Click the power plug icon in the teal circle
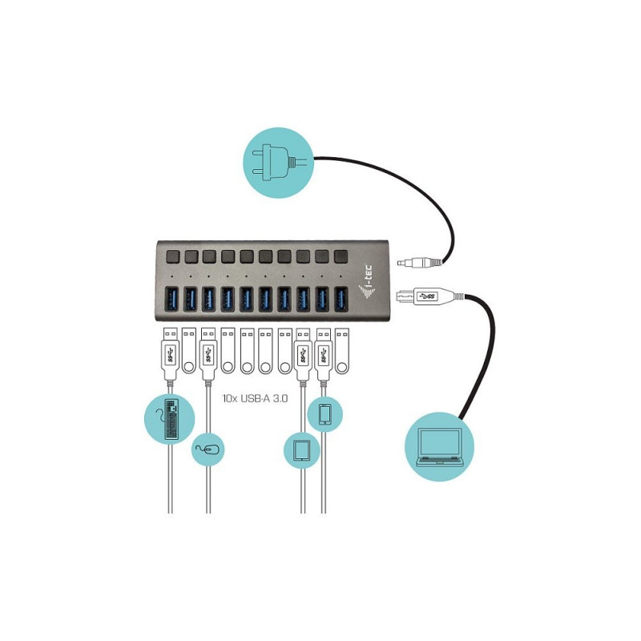point(278,163)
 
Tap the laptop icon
point(439,447)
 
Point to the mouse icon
point(208,450)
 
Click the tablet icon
point(302,450)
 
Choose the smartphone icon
point(325,413)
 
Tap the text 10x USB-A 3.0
point(255,398)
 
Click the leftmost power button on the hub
point(172,256)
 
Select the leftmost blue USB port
point(171,299)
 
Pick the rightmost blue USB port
point(341,299)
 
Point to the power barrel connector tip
point(402,263)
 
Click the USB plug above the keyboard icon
point(171,354)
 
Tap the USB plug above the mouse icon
point(208,354)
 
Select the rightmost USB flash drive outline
point(342,351)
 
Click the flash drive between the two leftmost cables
point(188,351)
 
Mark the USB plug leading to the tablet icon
point(303,354)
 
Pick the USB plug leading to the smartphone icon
point(324,354)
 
